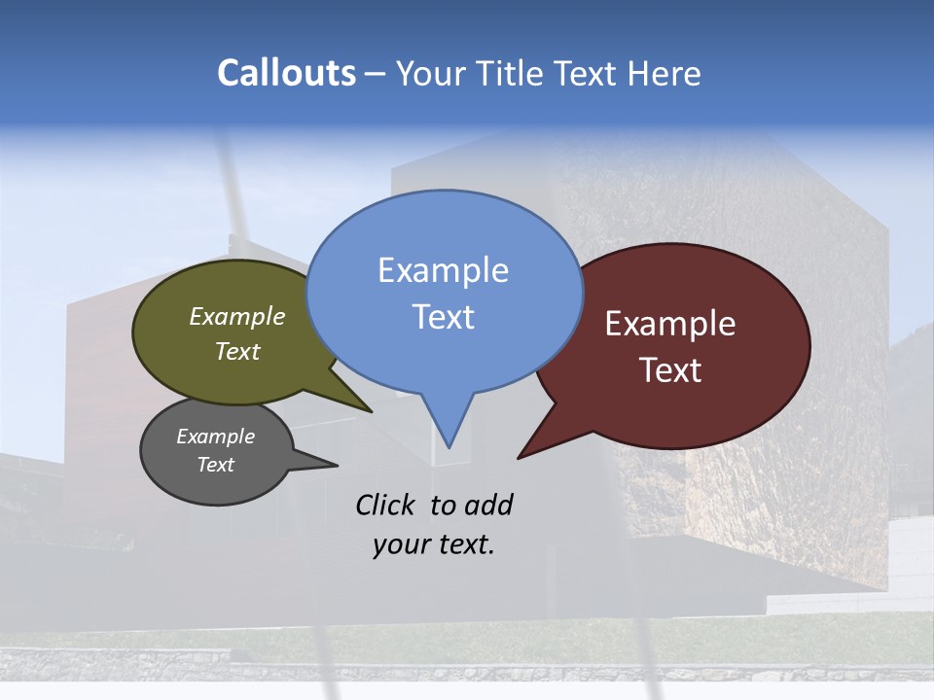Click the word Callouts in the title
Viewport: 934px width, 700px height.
pyautogui.click(x=286, y=73)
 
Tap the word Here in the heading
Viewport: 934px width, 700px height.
pyautogui.click(x=664, y=73)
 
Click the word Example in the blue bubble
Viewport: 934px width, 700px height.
pyautogui.click(x=443, y=270)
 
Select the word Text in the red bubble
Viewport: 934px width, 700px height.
pyautogui.click(x=670, y=370)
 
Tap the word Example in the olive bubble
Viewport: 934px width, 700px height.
pyautogui.click(x=236, y=317)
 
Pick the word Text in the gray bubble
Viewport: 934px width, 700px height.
pyautogui.click(x=215, y=465)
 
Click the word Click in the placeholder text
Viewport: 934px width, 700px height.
pyautogui.click(x=385, y=505)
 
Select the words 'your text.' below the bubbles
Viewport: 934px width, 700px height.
pyautogui.click(x=434, y=544)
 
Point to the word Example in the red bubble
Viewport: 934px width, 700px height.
pyautogui.click(x=670, y=324)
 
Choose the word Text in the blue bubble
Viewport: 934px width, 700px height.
pyautogui.click(x=443, y=317)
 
